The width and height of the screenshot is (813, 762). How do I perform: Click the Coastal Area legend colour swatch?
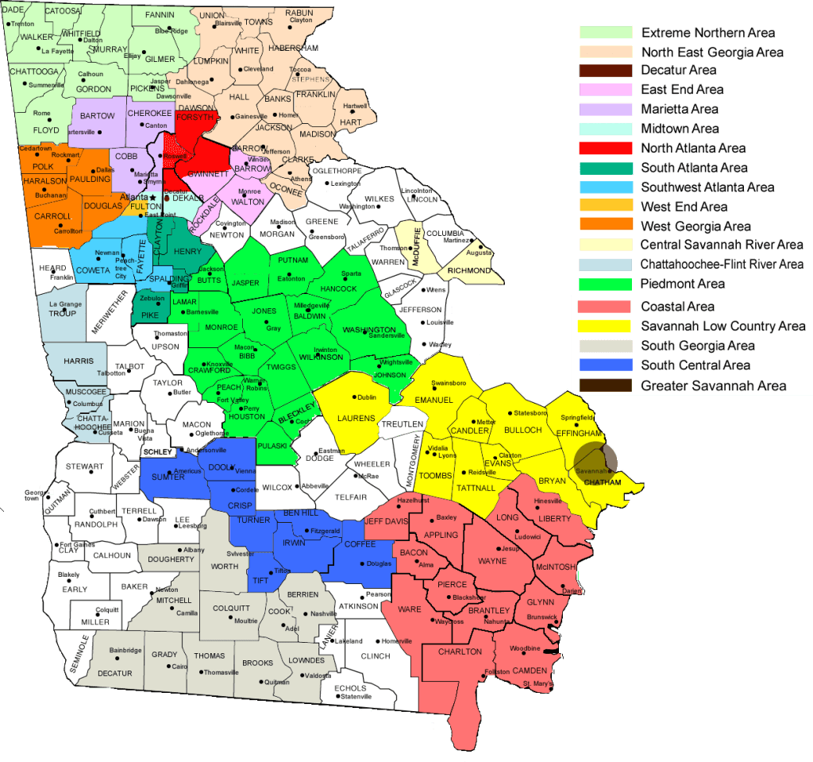coord(606,306)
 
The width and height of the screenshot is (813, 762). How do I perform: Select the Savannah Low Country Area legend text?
coord(723,326)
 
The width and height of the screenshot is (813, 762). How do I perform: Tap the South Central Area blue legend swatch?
coord(606,366)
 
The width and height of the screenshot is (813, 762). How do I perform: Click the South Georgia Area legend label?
coord(698,346)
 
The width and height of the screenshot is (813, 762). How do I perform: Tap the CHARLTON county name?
coord(460,652)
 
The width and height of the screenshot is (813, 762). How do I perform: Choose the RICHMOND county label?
coord(469,271)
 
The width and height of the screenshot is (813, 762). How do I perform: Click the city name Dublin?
coord(367,397)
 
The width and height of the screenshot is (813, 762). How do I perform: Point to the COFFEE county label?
coord(360,544)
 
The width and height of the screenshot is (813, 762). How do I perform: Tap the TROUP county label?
coord(62,314)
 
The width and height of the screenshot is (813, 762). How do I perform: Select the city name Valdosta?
coord(318,675)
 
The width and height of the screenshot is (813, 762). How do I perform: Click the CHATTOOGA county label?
coord(34,72)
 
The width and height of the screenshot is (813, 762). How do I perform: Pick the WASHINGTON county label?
coord(368,330)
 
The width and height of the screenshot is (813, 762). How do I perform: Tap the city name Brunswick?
coord(542,616)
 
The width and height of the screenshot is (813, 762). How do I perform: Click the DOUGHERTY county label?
coord(171,559)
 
